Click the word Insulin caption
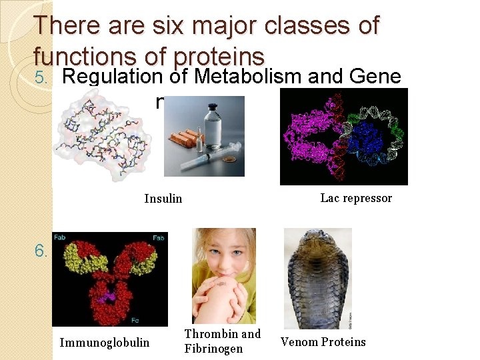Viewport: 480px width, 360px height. pyautogui.click(x=163, y=199)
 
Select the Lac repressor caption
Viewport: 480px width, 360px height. pyautogui.click(x=356, y=198)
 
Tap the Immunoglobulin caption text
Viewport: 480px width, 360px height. pyautogui.click(x=105, y=343)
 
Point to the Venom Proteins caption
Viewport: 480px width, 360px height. pyautogui.click(x=323, y=342)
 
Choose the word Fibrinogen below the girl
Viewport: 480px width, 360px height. pyautogui.click(x=213, y=349)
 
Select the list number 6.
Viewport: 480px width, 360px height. pyautogui.click(x=42, y=251)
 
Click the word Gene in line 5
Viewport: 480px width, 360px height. pyautogui.click(x=374, y=77)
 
